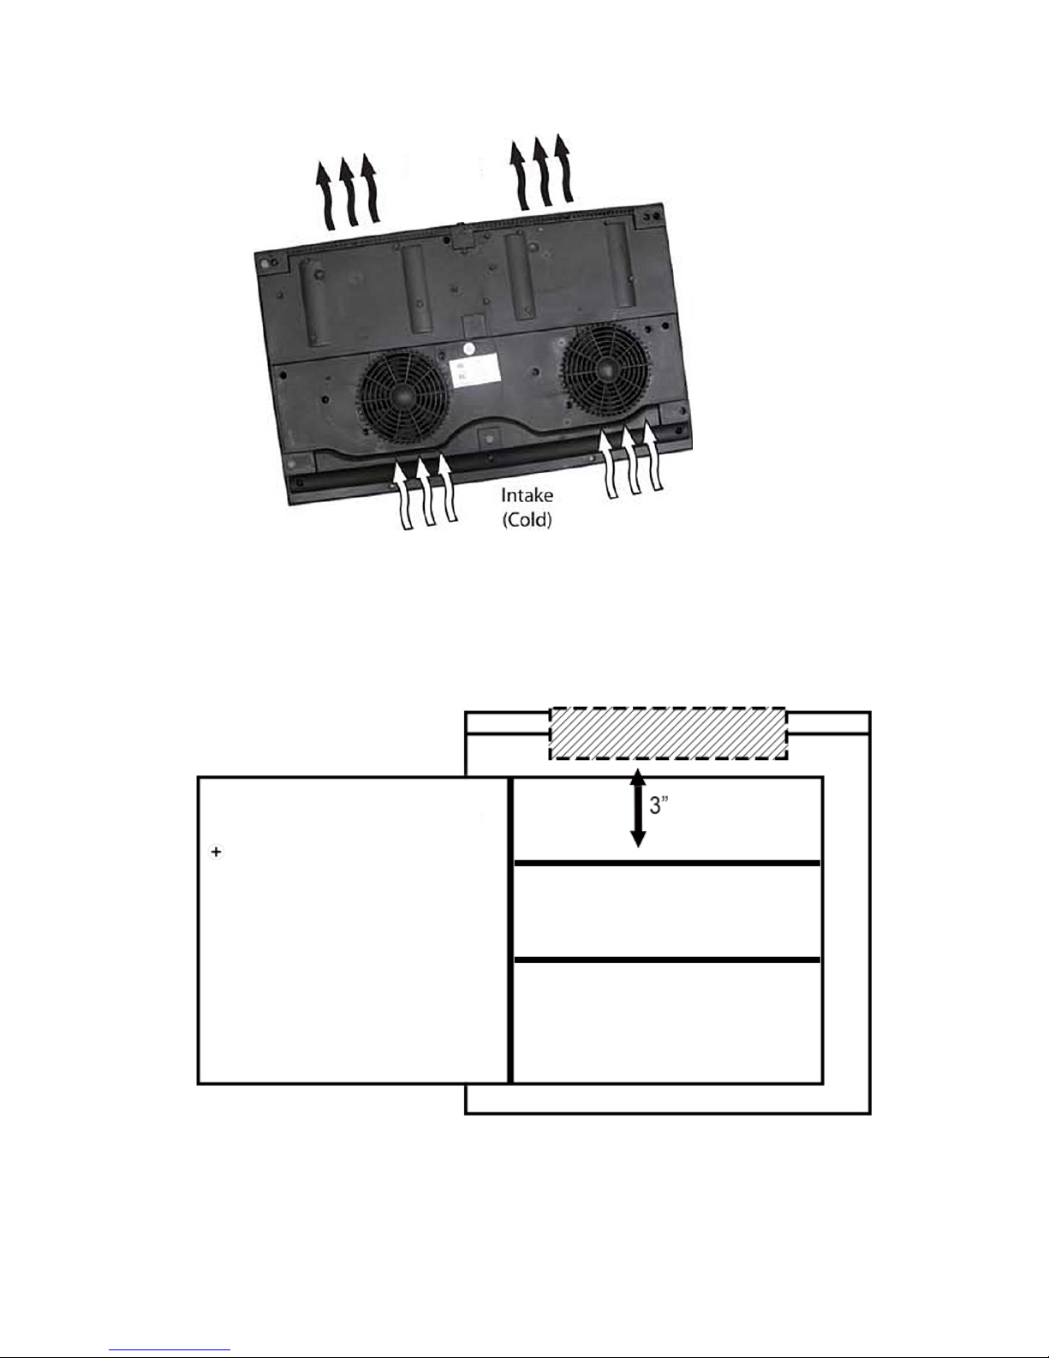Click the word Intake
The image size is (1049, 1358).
(527, 495)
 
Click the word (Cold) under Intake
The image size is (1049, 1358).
(527, 519)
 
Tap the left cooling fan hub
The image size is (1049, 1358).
(402, 395)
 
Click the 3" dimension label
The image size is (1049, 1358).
(659, 805)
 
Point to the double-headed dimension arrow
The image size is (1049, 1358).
(637, 807)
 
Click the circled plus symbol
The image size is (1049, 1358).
(216, 851)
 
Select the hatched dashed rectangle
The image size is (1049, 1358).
(668, 733)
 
